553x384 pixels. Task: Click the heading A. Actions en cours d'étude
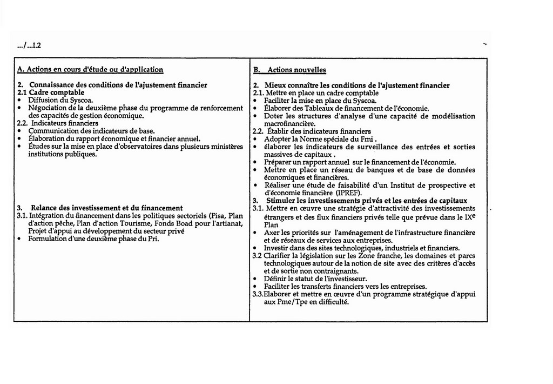pyautogui.click(x=90, y=70)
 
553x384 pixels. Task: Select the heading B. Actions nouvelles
pyautogui.click(x=289, y=70)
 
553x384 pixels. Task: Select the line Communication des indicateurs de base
pyautogui.click(x=91, y=131)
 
